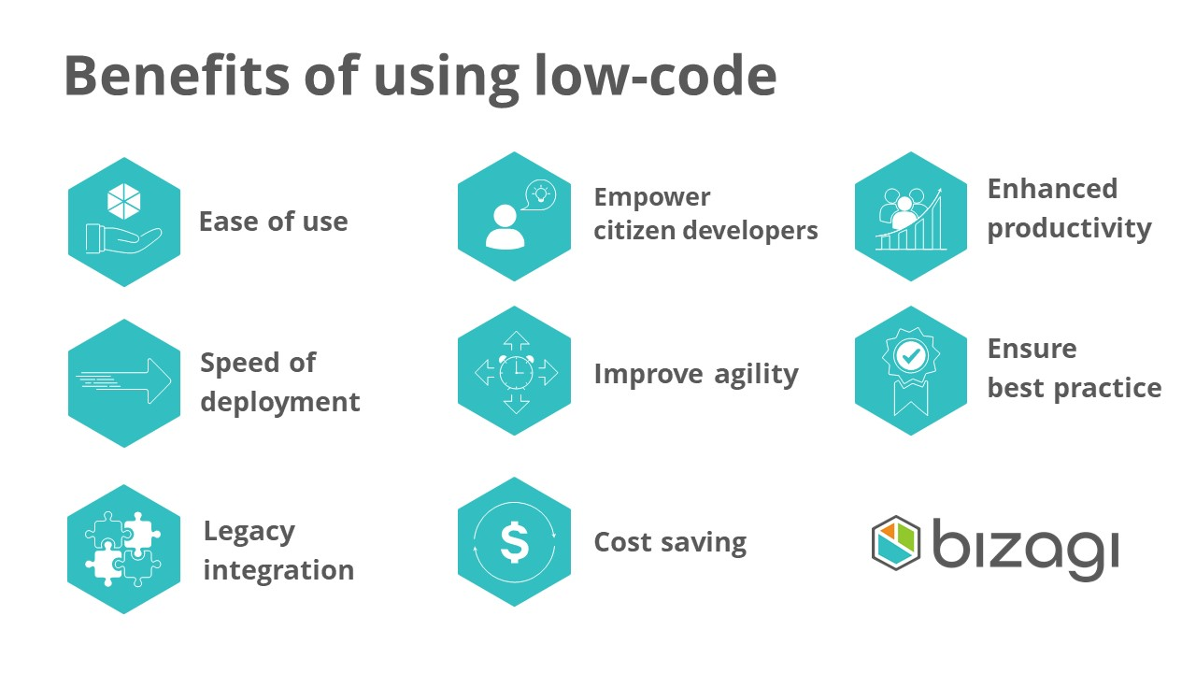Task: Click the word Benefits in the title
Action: click(x=177, y=76)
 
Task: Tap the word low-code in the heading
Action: click(x=655, y=76)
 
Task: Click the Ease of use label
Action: click(x=274, y=222)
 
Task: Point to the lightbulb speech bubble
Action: click(x=540, y=194)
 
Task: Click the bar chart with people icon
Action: click(x=910, y=219)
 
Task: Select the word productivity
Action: click(x=1069, y=230)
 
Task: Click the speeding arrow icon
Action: click(x=124, y=380)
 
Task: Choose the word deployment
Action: click(x=279, y=403)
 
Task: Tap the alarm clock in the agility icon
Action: click(x=516, y=372)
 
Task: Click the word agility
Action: click(x=756, y=375)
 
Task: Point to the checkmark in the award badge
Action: click(x=910, y=354)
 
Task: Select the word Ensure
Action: click(x=1032, y=350)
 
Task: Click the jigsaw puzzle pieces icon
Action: click(x=122, y=549)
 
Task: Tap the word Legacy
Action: click(x=249, y=533)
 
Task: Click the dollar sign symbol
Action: click(x=514, y=543)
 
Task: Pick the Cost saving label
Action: click(x=670, y=543)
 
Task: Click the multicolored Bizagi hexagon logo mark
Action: click(x=895, y=543)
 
